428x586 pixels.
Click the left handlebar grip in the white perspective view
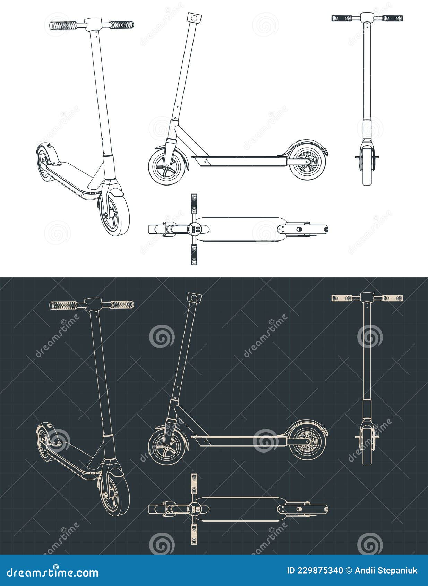(x=63, y=26)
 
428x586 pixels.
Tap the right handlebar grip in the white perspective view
(x=122, y=25)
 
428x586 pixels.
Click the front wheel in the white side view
(x=166, y=166)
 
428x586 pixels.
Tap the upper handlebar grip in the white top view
(x=194, y=204)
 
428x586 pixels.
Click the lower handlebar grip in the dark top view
(x=194, y=534)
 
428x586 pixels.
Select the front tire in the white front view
(x=367, y=173)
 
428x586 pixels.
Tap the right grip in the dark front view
(x=393, y=298)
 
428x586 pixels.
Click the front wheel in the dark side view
(x=166, y=446)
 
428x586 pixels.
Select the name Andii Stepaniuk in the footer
(x=386, y=570)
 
